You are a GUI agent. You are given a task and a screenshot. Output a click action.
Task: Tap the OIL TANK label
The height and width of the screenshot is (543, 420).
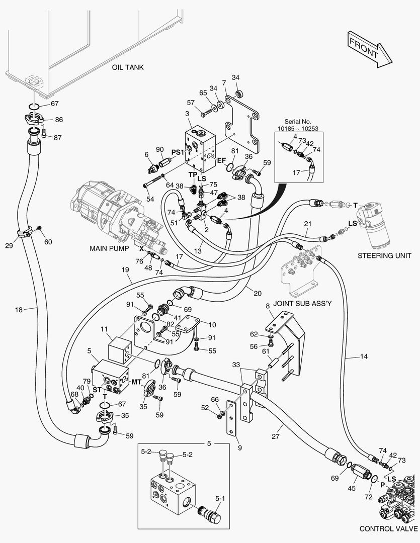pos(128,67)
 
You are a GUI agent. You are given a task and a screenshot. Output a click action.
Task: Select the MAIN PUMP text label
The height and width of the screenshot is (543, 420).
pos(109,248)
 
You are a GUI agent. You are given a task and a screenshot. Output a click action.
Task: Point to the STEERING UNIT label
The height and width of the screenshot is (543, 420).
pos(384,255)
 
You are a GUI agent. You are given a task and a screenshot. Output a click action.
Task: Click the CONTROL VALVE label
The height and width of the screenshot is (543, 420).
pos(388,528)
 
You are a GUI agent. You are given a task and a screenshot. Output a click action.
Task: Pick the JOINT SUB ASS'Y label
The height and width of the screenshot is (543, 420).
pos(302,303)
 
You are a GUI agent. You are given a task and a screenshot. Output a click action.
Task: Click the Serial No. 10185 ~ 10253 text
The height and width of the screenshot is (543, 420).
pos(298,125)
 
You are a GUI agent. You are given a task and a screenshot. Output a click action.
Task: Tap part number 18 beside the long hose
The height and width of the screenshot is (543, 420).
pos(19,310)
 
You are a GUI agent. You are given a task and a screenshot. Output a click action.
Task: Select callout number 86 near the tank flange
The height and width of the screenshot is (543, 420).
pos(59,120)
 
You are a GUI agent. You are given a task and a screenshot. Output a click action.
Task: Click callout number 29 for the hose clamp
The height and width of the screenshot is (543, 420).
pos(9,246)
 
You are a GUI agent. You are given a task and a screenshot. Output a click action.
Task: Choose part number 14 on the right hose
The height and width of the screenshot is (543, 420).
pos(364,356)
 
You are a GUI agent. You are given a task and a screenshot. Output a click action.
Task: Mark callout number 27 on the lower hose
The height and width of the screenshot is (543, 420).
pos(276,436)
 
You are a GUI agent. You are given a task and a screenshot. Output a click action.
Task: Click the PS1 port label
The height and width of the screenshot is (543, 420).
pos(178,152)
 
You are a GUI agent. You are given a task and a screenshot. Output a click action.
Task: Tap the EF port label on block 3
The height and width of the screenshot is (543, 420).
pos(221,160)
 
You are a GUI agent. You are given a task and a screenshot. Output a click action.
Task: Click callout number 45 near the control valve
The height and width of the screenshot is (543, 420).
pos(352,488)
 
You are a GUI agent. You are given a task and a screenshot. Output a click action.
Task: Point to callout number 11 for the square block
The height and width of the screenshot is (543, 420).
pos(104,329)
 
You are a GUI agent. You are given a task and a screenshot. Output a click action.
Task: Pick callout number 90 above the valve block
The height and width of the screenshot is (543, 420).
pos(159,149)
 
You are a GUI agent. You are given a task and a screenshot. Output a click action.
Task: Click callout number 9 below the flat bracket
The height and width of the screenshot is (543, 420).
pos(240,448)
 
